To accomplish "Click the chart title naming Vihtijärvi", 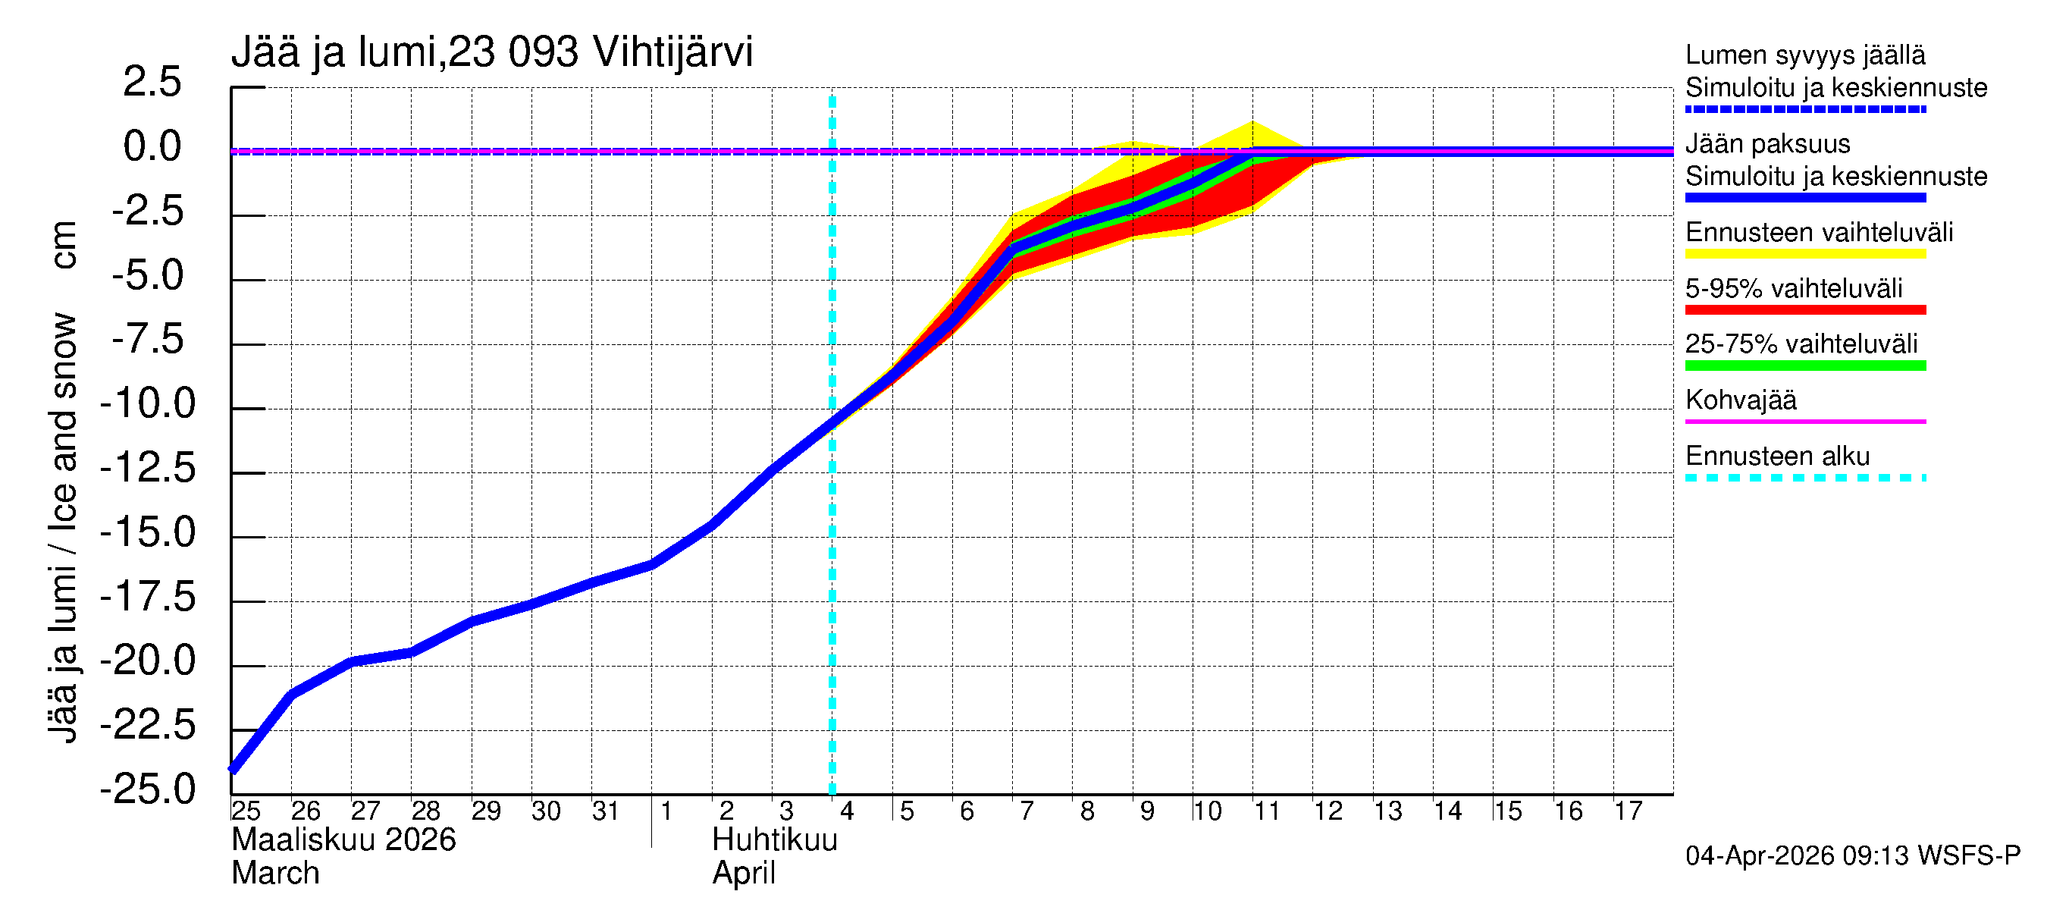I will (x=492, y=52).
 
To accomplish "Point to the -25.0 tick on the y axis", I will (x=148, y=789).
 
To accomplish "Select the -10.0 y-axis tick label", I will (x=148, y=403).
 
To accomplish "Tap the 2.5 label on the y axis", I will (x=152, y=83).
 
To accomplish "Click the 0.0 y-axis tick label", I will (x=152, y=147).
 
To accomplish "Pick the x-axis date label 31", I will (x=606, y=811).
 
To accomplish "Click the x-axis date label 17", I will (x=1628, y=811).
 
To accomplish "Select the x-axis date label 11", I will (x=1267, y=811).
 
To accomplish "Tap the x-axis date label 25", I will (x=246, y=811).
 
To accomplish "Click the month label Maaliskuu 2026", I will (x=343, y=840).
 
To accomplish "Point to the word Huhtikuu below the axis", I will (x=775, y=840).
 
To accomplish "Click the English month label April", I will (x=743, y=874).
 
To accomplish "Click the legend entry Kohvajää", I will (x=1740, y=400).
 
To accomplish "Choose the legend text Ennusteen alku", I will (x=1778, y=457).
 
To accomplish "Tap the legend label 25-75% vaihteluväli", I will (x=1801, y=344).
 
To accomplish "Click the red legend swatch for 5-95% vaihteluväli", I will (x=1804, y=310).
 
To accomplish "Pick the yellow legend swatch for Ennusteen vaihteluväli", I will (x=1804, y=254).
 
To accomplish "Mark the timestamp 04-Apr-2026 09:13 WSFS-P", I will (x=1852, y=856).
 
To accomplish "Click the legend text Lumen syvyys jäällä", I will (x=1805, y=55).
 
